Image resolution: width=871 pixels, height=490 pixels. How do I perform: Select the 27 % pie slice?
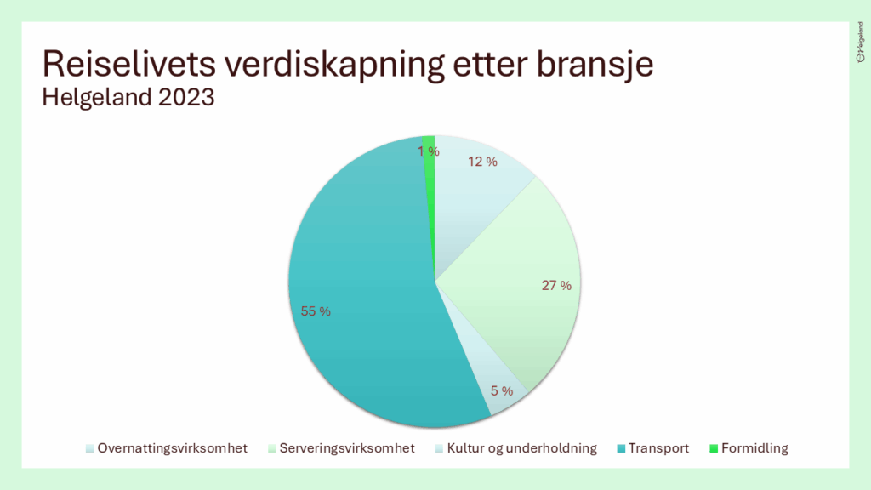click(516, 283)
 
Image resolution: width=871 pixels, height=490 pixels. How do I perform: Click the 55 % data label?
click(316, 311)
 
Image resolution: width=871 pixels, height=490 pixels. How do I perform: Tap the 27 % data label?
click(556, 286)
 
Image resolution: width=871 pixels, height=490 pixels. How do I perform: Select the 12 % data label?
click(483, 162)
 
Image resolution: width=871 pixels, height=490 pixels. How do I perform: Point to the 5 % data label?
click(502, 391)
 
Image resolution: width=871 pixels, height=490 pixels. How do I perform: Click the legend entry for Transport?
click(653, 448)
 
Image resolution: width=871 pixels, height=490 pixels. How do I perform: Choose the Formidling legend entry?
click(749, 448)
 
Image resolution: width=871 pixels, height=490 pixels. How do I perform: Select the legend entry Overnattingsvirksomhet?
click(167, 448)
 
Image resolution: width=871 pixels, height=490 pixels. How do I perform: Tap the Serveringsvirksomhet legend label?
click(342, 448)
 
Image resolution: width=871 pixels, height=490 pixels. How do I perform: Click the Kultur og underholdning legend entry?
click(516, 448)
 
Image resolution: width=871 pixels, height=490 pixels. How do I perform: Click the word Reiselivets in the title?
click(129, 63)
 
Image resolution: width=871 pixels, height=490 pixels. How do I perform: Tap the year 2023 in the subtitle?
click(186, 98)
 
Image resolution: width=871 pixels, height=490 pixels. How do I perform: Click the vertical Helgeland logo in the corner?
click(861, 42)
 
